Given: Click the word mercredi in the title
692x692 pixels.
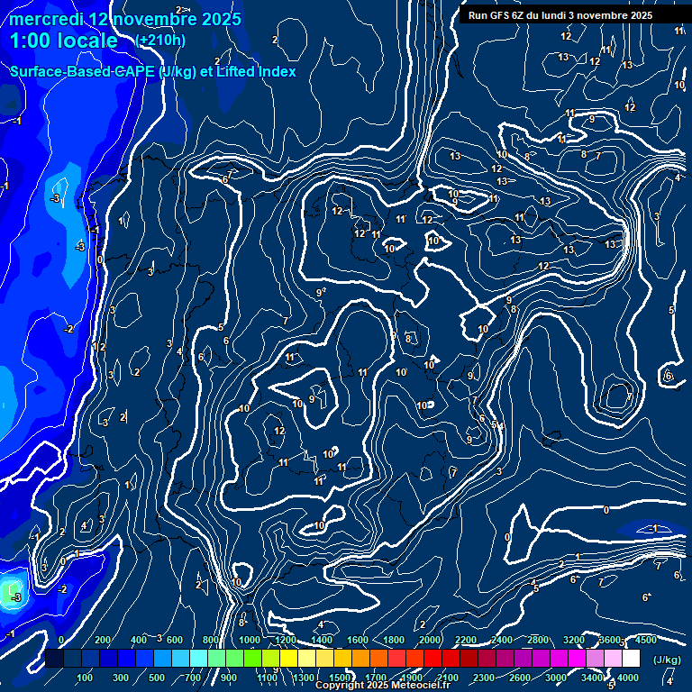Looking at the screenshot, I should click(x=46, y=19).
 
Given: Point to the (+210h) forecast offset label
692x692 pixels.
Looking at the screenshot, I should click(x=160, y=41).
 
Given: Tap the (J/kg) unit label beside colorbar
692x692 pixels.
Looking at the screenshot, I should click(x=667, y=660).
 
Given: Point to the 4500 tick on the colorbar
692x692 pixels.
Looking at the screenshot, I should click(x=645, y=640).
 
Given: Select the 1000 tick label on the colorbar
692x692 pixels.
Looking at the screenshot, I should click(x=249, y=640).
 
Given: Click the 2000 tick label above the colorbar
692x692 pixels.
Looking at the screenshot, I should click(x=429, y=640).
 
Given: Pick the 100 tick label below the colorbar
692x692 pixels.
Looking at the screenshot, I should click(x=85, y=678).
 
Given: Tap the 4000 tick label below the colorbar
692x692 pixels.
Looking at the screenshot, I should click(x=627, y=678).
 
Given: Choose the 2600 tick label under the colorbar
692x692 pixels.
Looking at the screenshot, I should click(x=520, y=678).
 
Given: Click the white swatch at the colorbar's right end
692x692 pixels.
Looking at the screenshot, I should click(x=631, y=660).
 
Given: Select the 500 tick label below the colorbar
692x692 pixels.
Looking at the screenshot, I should click(x=157, y=678).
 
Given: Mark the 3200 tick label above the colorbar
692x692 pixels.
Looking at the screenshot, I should click(x=574, y=640).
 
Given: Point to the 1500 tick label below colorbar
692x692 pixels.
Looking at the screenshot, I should click(x=339, y=678).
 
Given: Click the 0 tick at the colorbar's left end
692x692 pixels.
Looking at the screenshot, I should click(x=60, y=640).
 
